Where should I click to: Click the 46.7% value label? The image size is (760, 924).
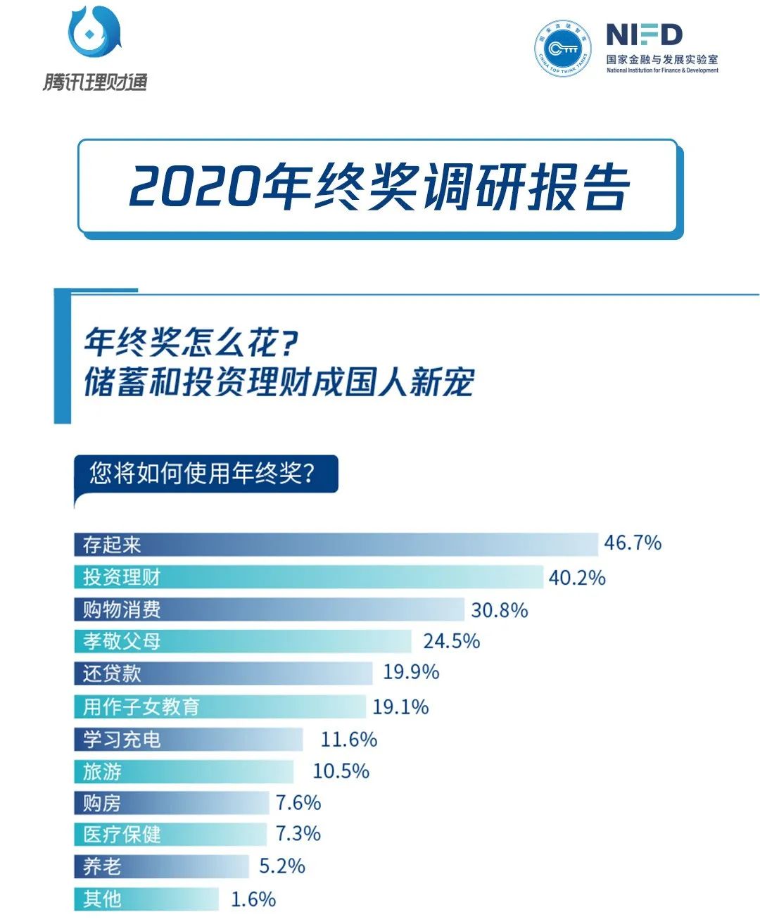tap(633, 543)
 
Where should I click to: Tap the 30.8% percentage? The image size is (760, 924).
tap(499, 610)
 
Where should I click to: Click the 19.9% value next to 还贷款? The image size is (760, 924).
tap(411, 672)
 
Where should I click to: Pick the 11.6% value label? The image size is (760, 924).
tap(348, 740)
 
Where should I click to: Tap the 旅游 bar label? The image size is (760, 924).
tap(102, 772)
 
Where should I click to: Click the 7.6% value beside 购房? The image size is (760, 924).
tap(298, 803)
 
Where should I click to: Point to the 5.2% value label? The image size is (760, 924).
tap(281, 866)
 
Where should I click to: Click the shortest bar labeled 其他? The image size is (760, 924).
tap(146, 899)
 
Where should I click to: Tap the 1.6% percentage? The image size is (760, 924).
tap(253, 899)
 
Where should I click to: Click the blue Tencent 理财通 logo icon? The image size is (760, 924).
tap(94, 32)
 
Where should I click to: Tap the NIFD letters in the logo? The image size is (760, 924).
tap(643, 35)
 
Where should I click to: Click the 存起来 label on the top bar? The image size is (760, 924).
tap(112, 545)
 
